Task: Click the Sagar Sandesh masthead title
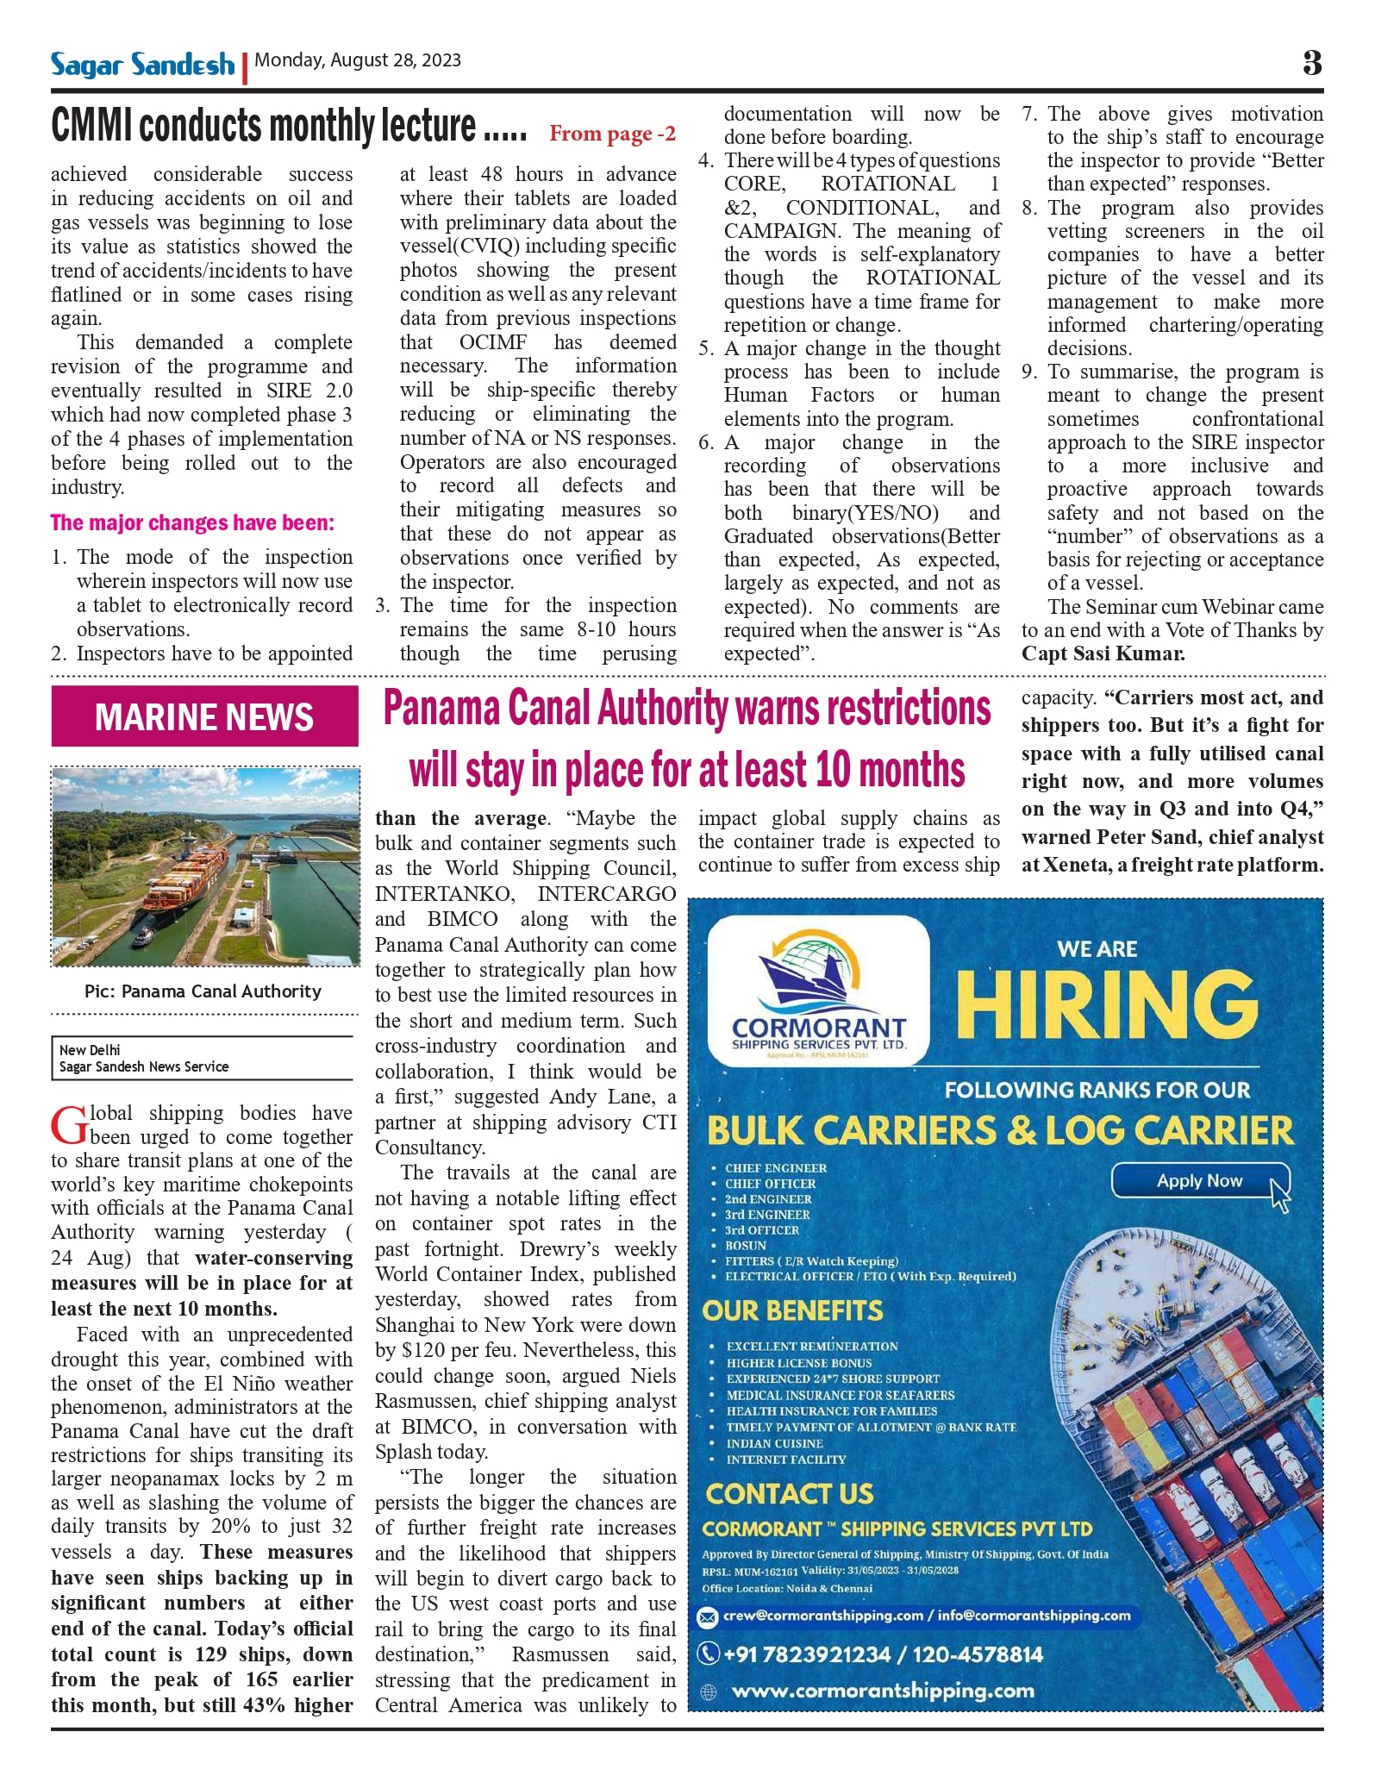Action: tap(142, 65)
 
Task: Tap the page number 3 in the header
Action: tap(1312, 63)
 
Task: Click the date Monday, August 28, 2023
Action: tap(358, 60)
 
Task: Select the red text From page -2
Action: tap(612, 134)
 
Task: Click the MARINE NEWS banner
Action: tap(204, 716)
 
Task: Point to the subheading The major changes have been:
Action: tap(192, 522)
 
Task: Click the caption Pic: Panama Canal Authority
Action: tap(203, 991)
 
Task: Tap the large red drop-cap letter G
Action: tap(68, 1126)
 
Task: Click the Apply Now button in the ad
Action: tap(1199, 1181)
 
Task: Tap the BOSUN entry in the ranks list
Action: tap(746, 1246)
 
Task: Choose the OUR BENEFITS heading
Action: tap(792, 1311)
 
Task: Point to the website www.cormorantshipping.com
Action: tap(883, 1691)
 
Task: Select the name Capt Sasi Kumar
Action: tap(1103, 653)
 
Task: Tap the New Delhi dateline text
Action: tap(90, 1050)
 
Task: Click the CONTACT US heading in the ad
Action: tap(789, 1494)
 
